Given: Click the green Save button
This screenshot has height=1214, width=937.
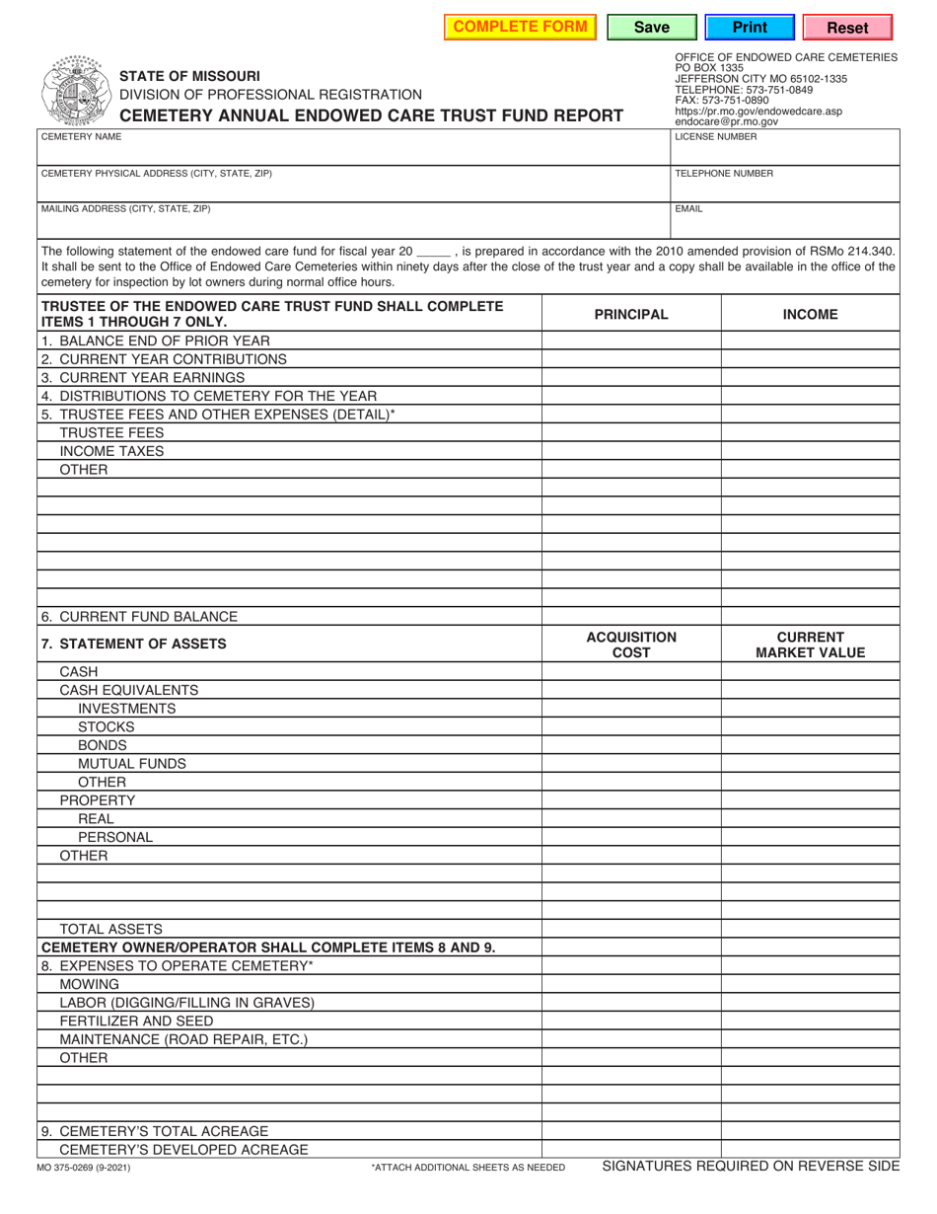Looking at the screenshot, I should (651, 28).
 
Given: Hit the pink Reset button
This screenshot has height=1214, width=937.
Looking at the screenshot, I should (847, 28).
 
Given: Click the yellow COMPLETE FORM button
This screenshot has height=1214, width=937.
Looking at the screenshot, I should (520, 27).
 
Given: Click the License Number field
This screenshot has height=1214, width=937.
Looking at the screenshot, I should (785, 151).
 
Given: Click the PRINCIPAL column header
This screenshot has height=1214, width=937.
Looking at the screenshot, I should (631, 315).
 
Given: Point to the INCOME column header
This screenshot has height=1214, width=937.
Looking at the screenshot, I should (810, 315).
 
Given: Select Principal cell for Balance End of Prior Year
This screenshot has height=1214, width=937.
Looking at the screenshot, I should (631, 341).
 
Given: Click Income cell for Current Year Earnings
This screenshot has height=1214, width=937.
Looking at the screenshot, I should (810, 377).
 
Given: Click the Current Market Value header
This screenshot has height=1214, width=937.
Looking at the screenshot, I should (810, 645).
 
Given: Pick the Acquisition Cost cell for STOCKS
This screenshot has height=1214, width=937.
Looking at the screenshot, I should (631, 726).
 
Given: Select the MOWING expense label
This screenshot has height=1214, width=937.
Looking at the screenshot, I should (90, 984).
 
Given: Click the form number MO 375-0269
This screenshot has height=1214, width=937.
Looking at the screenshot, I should (84, 1168).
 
